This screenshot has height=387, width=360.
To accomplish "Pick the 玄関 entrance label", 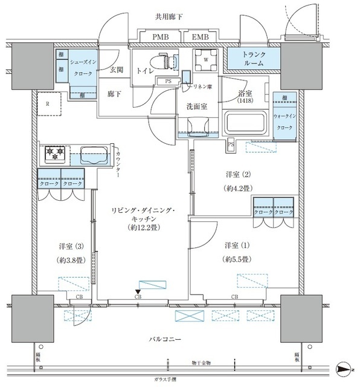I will click(x=117, y=70).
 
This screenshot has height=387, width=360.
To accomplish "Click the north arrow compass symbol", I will click(x=343, y=367).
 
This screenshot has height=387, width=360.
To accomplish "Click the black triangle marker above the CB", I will click(x=138, y=292).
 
